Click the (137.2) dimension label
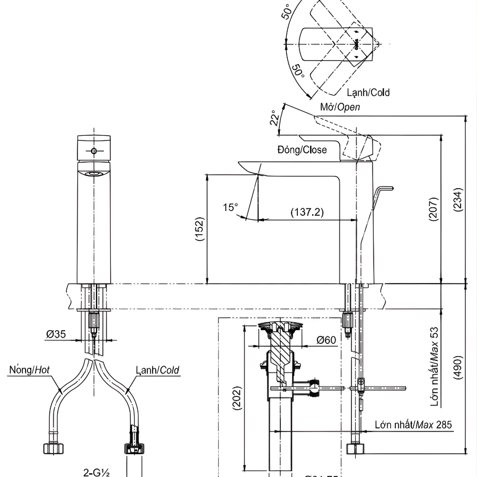click(307, 211)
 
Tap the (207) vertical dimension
click(433, 209)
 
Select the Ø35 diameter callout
click(56, 334)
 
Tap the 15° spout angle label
click(230, 207)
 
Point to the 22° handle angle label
click(274, 117)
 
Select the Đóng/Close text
click(302, 149)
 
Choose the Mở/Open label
click(340, 107)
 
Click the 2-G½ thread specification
click(96, 472)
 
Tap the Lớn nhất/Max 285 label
click(413, 425)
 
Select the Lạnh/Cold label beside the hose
click(157, 369)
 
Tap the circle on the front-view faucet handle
click(94, 151)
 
